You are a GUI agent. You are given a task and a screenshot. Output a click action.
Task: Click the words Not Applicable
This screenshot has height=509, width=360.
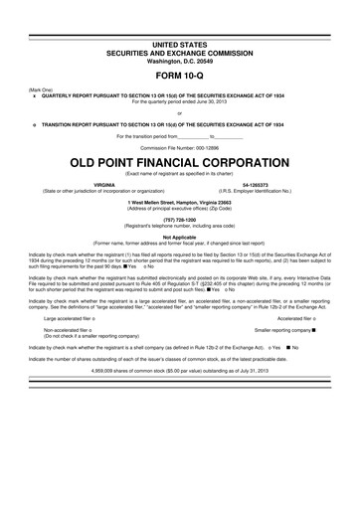(x=179, y=238)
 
